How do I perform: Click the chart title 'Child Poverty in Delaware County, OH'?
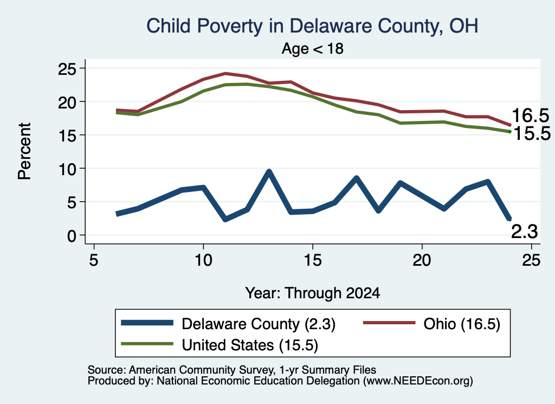point(312,26)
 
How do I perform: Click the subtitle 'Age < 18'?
point(313,48)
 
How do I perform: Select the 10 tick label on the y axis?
point(67,169)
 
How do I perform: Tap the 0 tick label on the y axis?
point(72,235)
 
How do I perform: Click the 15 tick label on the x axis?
point(313,260)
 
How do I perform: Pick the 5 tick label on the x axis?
point(93,260)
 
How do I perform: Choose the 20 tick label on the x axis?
point(422,260)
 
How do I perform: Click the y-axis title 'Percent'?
point(25,151)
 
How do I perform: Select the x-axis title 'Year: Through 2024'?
point(313,293)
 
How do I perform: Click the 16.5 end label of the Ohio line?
point(530,116)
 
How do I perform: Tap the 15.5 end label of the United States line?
point(532,133)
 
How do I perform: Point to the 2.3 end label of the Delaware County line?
point(525,232)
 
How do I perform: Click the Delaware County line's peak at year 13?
point(269,172)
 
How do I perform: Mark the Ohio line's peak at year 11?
point(225,74)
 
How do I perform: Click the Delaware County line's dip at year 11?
point(225,219)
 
